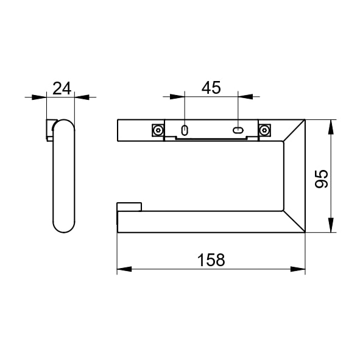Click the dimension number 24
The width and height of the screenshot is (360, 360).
coord(62,88)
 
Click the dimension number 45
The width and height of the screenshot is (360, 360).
coord(211,88)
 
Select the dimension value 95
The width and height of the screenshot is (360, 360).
coord(322,178)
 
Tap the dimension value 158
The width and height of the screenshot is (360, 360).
coord(211,260)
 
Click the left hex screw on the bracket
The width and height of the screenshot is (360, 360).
coord(158,130)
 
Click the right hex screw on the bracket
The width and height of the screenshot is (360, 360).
coord(264,130)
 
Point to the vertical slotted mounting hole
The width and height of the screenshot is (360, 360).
coord(185,130)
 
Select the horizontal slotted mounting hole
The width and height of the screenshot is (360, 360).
coord(238,130)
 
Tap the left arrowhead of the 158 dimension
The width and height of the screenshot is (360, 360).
coord(124,269)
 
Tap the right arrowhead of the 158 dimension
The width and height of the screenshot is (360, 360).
coord(298,269)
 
